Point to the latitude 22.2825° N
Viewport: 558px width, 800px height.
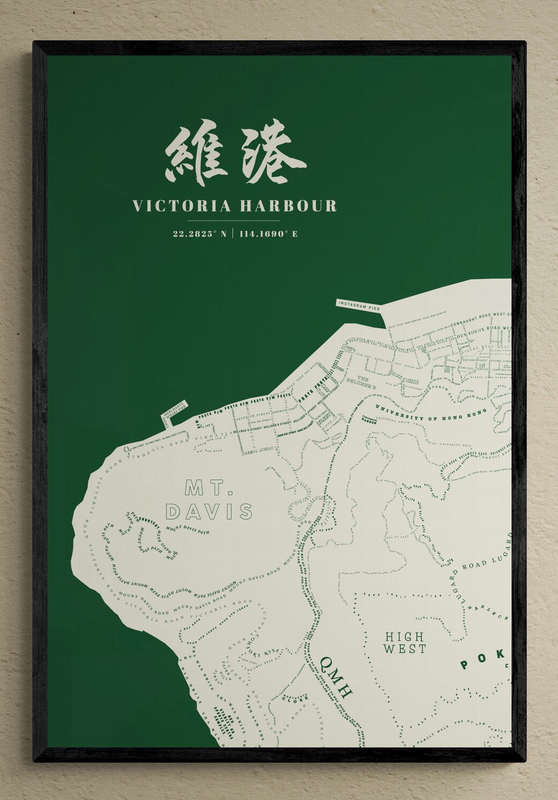200,234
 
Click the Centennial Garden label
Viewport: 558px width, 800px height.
370,418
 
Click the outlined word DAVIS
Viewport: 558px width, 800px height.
209,512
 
